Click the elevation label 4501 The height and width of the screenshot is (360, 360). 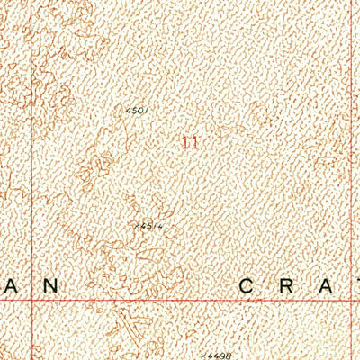(x=136, y=110)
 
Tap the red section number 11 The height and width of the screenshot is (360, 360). (x=189, y=141)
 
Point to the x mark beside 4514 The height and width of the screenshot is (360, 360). (x=133, y=228)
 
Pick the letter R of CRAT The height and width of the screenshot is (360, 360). (x=292, y=285)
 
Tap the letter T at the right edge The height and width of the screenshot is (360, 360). (x=357, y=285)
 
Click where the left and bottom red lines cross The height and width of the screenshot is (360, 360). (x=32, y=301)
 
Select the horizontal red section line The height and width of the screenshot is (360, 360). (x=180, y=301)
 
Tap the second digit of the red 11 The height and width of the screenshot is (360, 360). (x=193, y=141)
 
